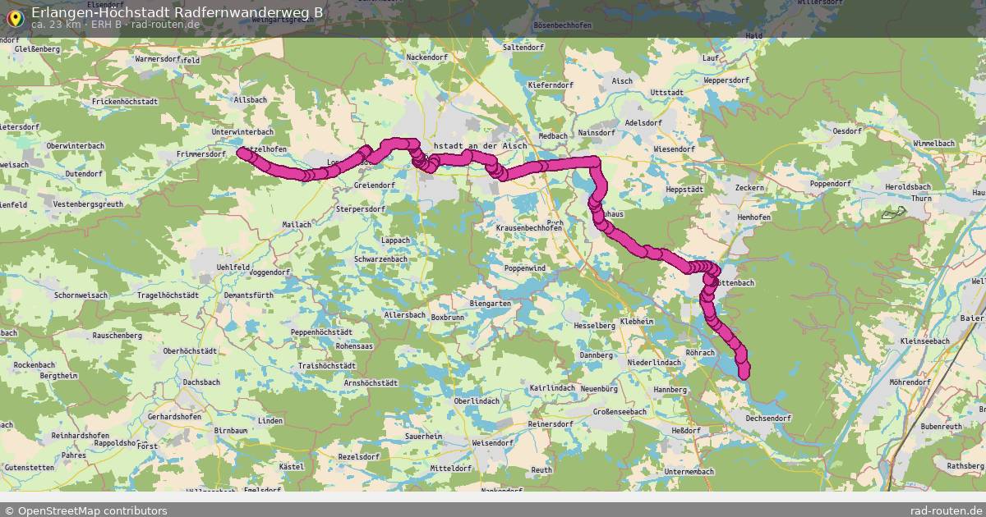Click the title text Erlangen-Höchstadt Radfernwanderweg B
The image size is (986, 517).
pos(177,12)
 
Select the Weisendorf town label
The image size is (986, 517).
pos(493,442)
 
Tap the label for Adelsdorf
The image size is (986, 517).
pos(643,122)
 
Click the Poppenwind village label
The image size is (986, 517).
pos(525,268)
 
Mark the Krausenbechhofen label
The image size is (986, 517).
pos(529,228)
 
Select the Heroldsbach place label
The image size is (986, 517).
pos(933,186)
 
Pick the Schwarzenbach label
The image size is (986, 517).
pos(380,258)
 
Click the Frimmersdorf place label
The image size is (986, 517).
pos(201,154)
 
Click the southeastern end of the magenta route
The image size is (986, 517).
pos(744,374)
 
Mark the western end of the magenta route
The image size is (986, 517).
pos(242,152)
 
